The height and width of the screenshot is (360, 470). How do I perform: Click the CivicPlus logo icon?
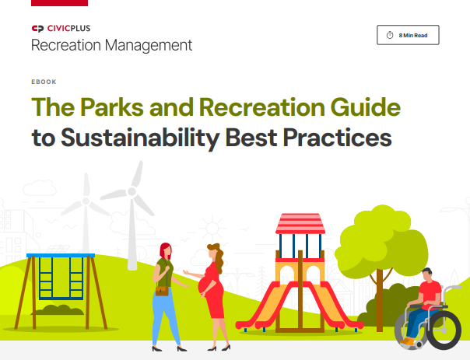(x=37, y=29)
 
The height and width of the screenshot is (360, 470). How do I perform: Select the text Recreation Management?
(x=111, y=45)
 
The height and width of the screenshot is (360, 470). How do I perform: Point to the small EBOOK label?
(x=43, y=82)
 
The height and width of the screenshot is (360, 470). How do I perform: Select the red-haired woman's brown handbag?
(x=163, y=290)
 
